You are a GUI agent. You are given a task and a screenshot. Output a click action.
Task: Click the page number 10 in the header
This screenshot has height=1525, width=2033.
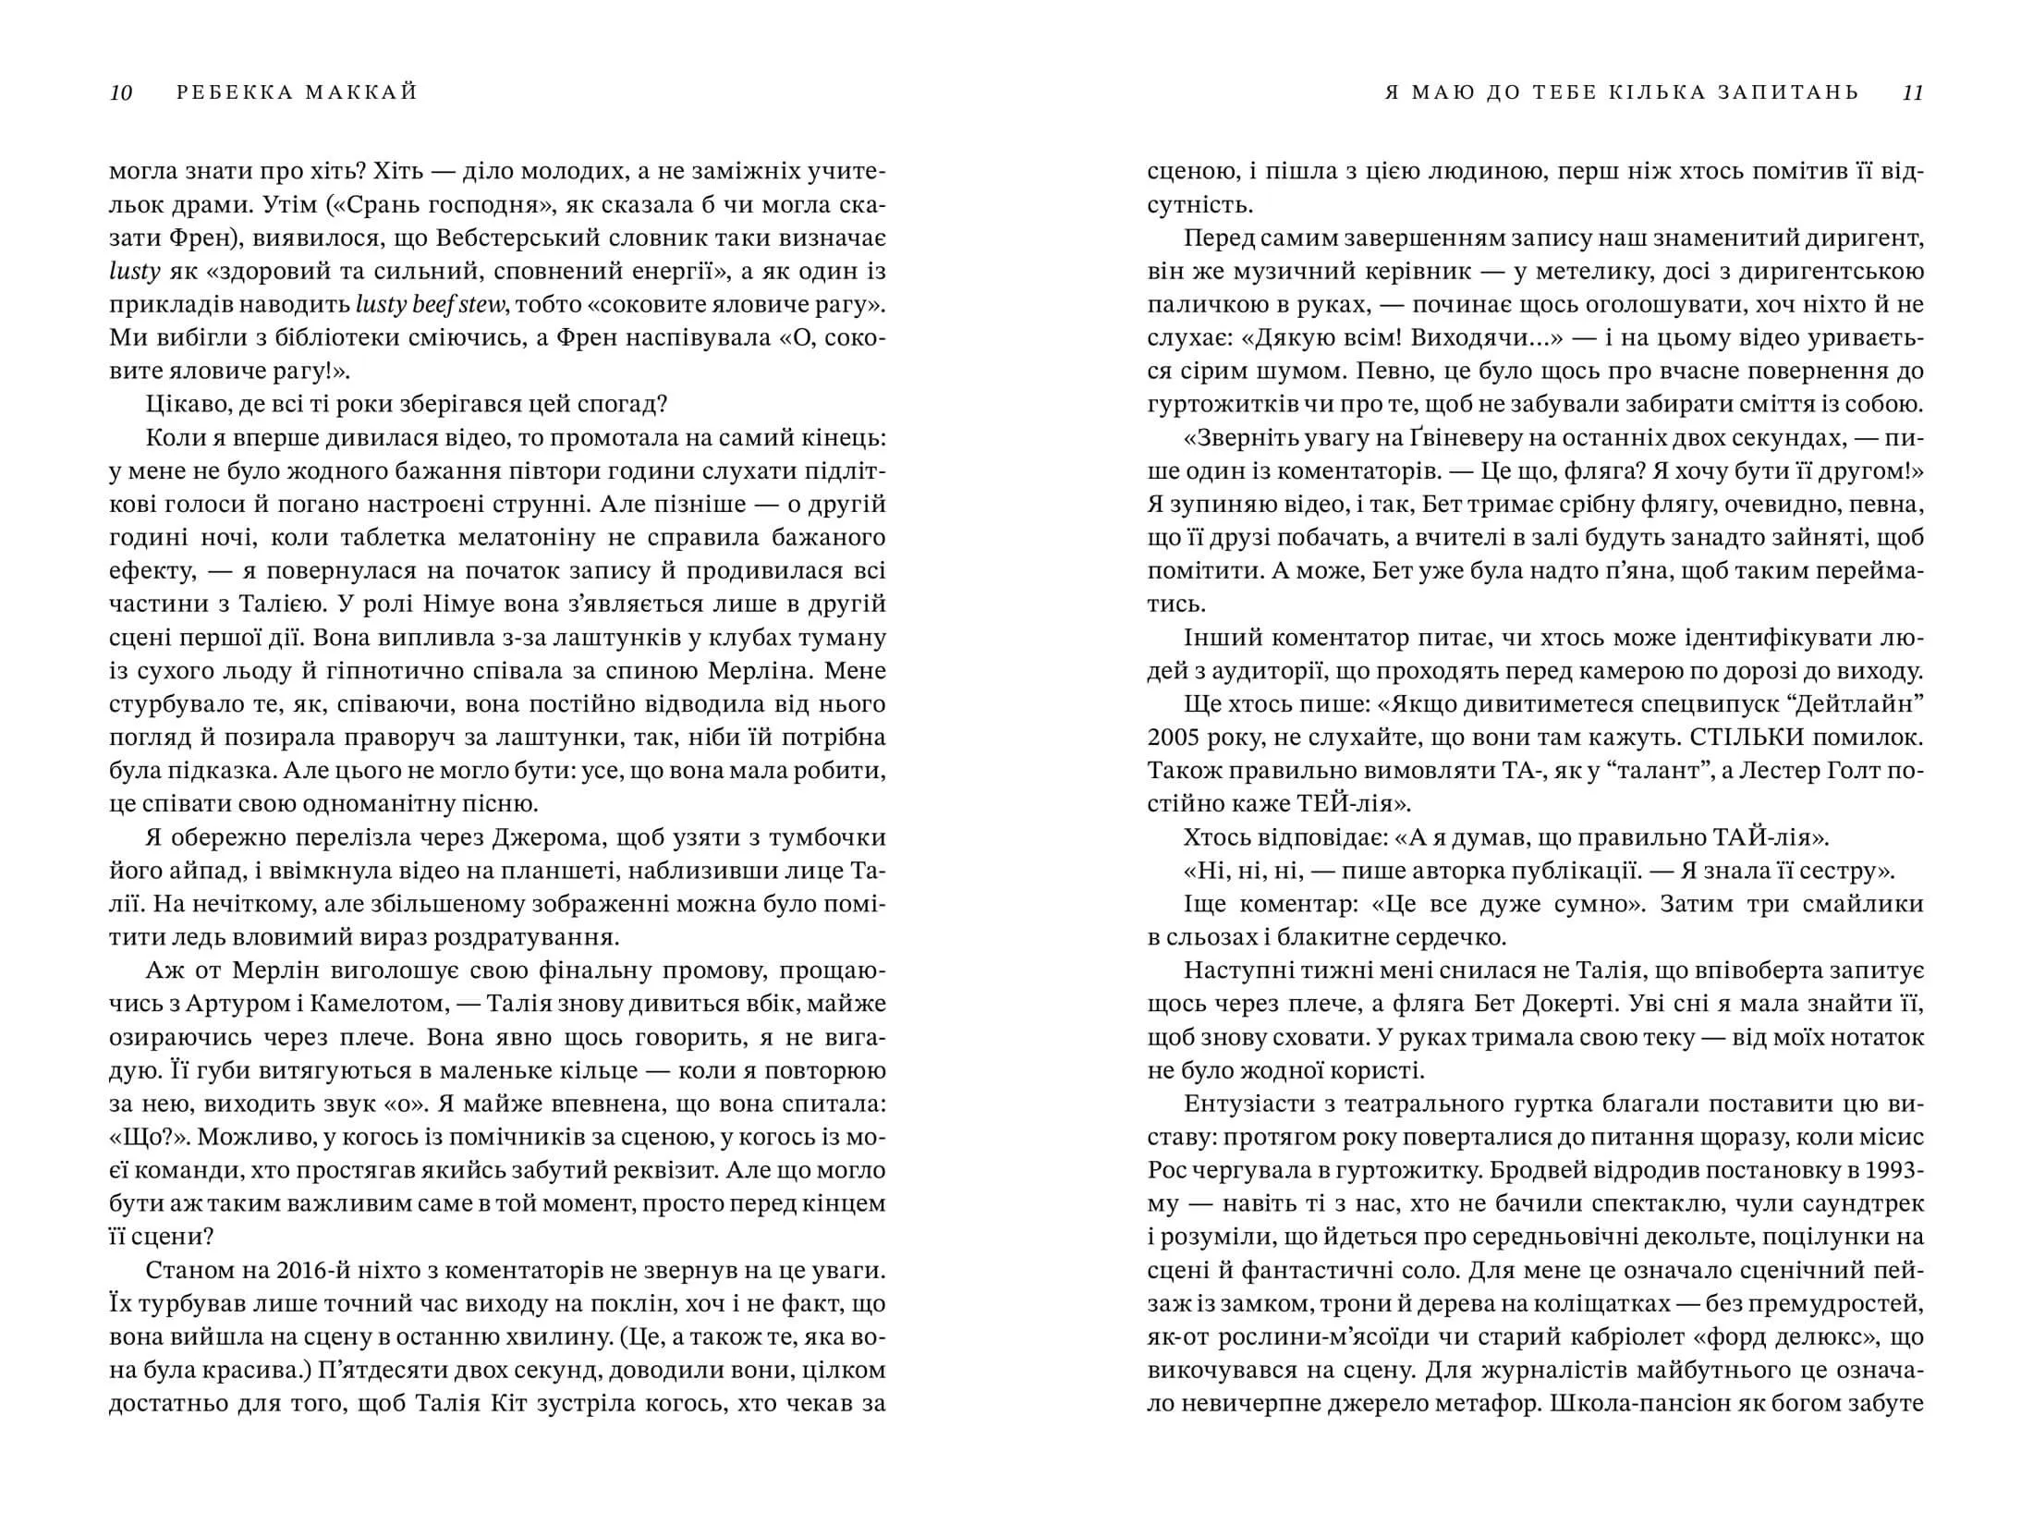(x=121, y=92)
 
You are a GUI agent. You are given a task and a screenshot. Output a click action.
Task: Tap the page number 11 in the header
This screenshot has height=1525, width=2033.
(x=1913, y=92)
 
